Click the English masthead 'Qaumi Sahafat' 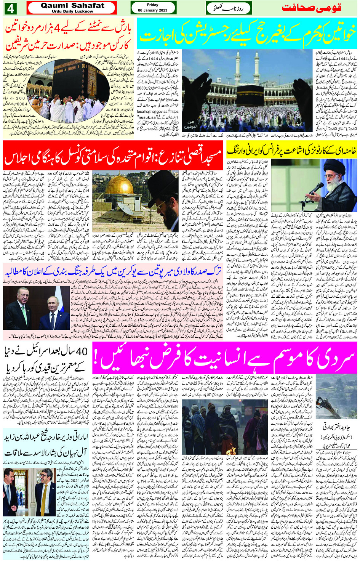coord(72,5)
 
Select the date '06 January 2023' coord(152,10)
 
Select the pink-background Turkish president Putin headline coord(113,272)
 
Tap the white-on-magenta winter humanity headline coord(225,358)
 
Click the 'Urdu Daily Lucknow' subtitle coord(72,11)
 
